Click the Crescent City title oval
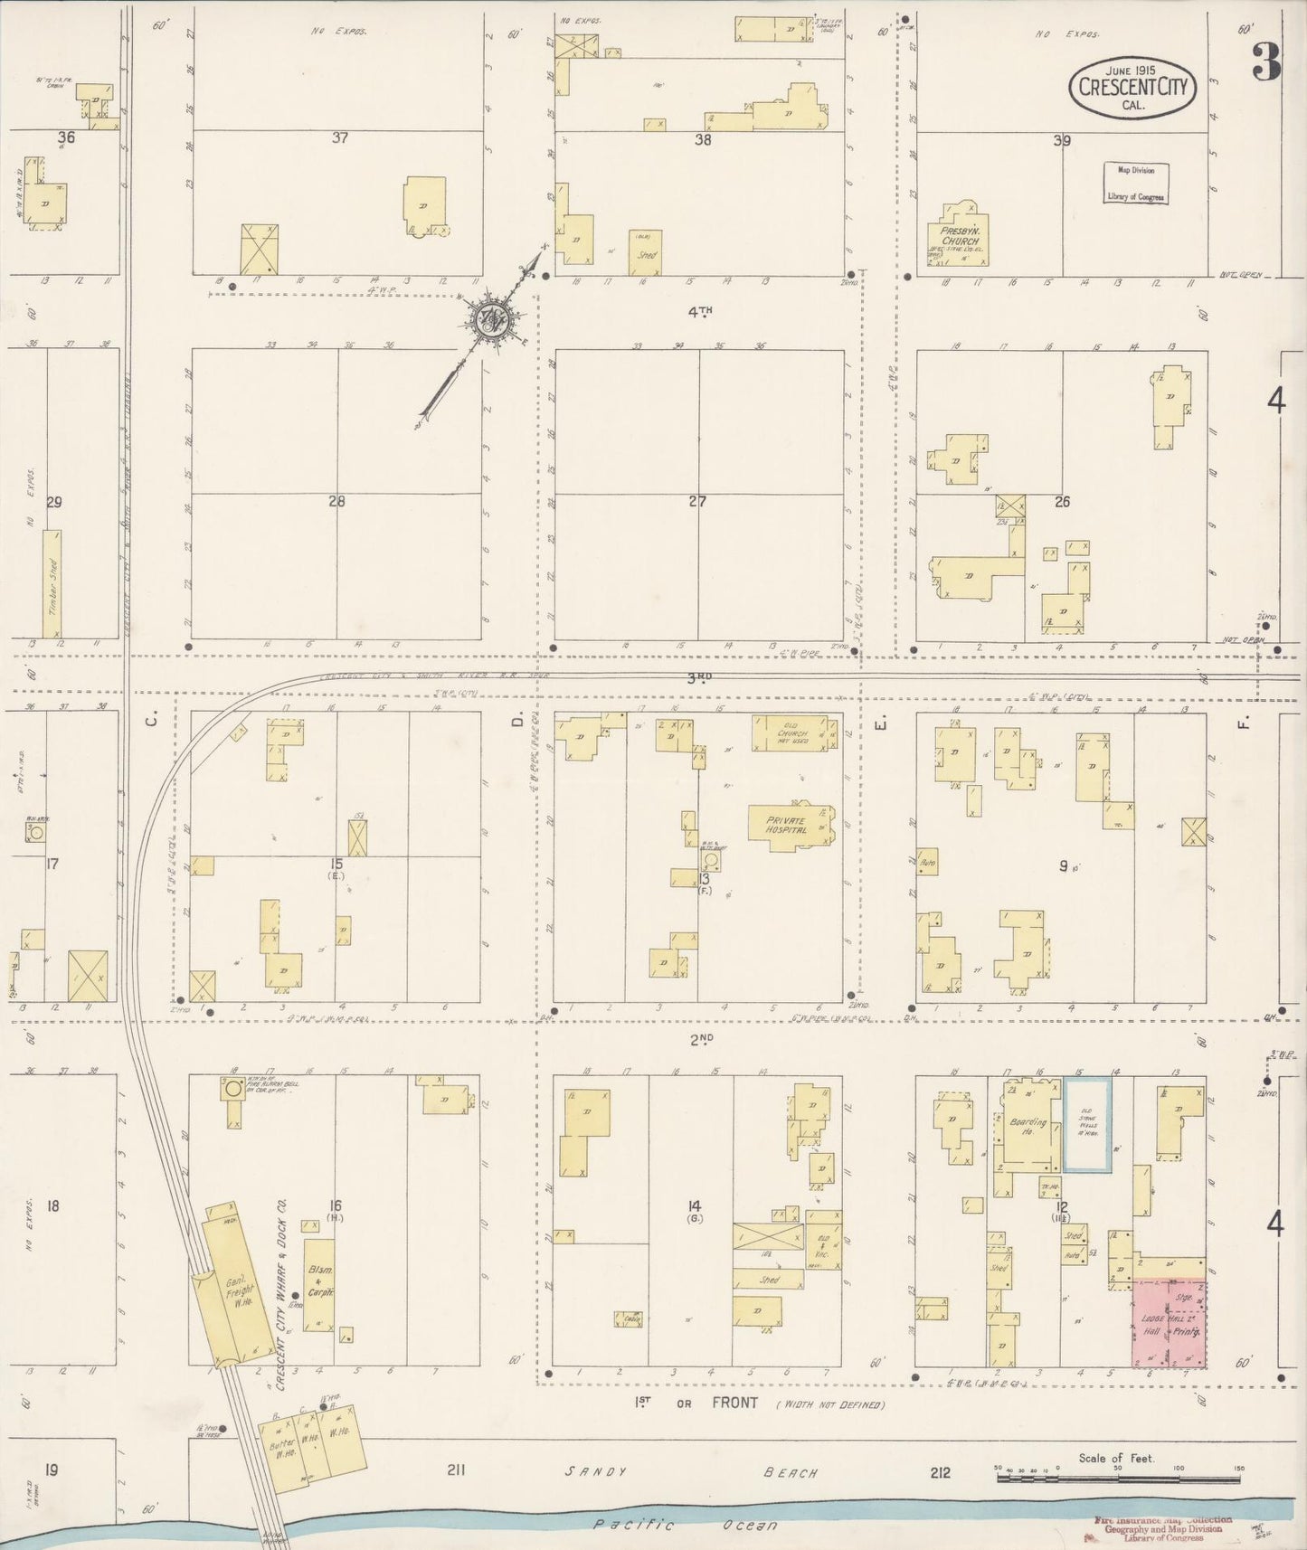[x=1132, y=88]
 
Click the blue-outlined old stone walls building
[x=1087, y=1126]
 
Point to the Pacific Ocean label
[x=685, y=1525]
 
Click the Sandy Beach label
[x=692, y=1471]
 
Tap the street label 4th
[x=699, y=312]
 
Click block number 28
[x=336, y=501]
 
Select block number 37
[x=339, y=138]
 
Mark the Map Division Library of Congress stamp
[x=1135, y=183]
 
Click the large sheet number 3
[x=1265, y=61]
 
